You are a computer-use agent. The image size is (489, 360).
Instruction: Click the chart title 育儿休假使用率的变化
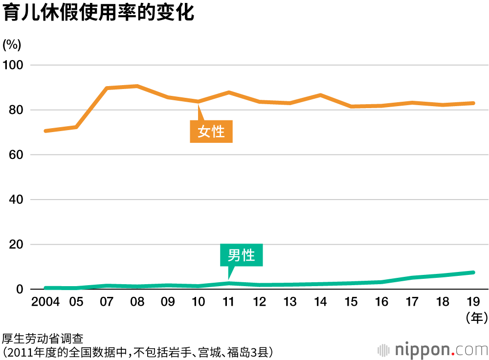coord(98,13)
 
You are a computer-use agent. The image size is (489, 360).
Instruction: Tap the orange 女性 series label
coord(211,132)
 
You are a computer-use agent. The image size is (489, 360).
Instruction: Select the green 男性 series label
coord(241,255)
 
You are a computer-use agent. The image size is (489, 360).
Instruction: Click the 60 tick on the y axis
coord(16,155)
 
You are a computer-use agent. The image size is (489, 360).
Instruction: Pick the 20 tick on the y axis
coord(16,245)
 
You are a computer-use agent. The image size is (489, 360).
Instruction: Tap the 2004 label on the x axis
coord(45,302)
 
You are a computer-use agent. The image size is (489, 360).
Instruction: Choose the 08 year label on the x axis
coord(137,302)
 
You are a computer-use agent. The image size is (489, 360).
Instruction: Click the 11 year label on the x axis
coord(229,302)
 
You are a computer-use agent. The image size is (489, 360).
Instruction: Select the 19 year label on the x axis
coord(473,302)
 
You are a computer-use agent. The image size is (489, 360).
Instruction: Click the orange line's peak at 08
coord(137,86)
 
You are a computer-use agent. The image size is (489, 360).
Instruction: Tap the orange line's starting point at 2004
coord(45,131)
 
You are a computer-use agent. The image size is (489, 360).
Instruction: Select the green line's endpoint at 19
coord(473,272)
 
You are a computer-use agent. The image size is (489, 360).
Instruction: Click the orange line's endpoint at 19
coord(473,103)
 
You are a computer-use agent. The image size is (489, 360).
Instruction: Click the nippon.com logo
coord(433,350)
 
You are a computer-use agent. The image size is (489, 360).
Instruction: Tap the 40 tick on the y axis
coord(16,200)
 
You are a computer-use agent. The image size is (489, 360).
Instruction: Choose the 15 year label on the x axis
coord(351,302)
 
